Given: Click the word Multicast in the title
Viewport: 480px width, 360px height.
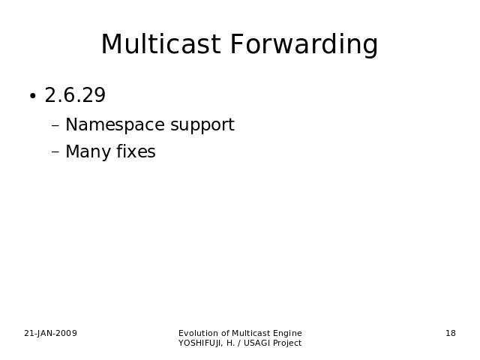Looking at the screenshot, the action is [160, 44].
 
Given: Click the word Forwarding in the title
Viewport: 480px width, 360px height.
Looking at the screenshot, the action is [304, 45].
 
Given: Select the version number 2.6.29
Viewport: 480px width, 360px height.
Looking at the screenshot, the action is [75, 95].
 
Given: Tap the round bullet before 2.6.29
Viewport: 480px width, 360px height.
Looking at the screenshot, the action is [33, 96].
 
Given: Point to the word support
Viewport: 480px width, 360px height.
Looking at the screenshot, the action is [202, 125].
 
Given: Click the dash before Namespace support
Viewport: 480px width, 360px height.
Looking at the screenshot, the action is [55, 125].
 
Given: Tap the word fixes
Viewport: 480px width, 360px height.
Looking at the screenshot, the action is [136, 151].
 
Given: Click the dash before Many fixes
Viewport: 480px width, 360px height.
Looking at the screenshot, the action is [55, 151].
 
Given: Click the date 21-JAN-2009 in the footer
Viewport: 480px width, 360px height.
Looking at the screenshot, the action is [50, 333].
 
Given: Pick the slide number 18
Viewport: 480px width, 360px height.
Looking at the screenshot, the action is [451, 333].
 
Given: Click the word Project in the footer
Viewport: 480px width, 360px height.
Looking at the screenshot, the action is [287, 343].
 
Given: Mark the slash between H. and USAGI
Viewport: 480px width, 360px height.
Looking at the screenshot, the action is [239, 343].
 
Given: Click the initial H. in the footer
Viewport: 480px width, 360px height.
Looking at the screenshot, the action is [230, 343].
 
